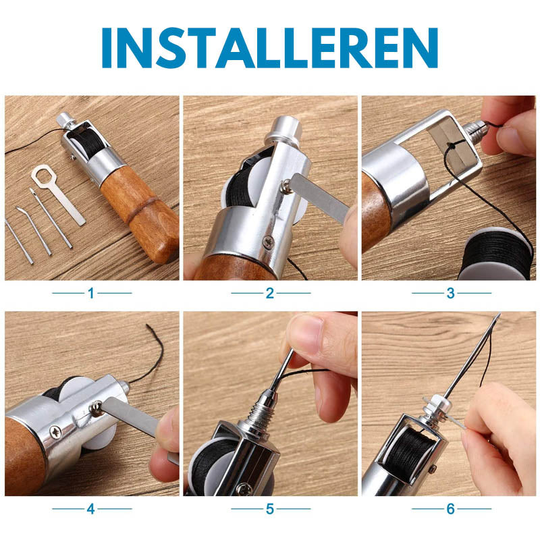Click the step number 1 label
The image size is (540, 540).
91,293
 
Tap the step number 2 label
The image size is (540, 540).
270,293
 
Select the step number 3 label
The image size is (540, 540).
451,293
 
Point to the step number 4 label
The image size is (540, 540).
91,509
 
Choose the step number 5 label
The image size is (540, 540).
270,509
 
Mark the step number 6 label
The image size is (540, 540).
451,509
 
